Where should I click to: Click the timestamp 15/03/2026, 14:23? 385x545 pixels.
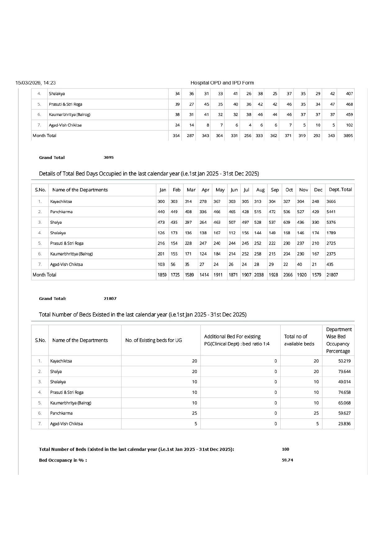point(35,83)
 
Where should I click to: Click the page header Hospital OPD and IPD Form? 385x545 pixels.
point(222,83)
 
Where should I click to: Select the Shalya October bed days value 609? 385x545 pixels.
point(287,222)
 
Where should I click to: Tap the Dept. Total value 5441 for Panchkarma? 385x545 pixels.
point(331,212)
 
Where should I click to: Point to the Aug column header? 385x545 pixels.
point(260,190)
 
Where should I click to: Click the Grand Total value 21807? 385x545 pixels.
point(110,299)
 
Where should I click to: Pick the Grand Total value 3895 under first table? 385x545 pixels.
point(108,157)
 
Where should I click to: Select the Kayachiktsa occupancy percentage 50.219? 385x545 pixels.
point(344,361)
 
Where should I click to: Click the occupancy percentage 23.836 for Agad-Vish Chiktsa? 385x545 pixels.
point(344,424)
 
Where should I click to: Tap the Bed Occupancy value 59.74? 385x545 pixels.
point(287,460)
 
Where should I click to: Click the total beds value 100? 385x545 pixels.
point(285,449)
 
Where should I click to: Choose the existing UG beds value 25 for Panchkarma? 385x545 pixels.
point(194,413)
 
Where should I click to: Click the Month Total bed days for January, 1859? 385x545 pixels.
point(162,275)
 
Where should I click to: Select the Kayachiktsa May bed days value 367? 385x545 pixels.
point(217,202)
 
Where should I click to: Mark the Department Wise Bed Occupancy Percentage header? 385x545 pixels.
point(338,340)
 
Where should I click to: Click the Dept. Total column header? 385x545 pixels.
point(340,190)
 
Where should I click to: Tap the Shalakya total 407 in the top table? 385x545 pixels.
point(349,94)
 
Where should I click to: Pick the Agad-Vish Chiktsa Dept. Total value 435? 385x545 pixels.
point(330,265)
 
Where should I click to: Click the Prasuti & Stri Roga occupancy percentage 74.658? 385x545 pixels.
point(344,393)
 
